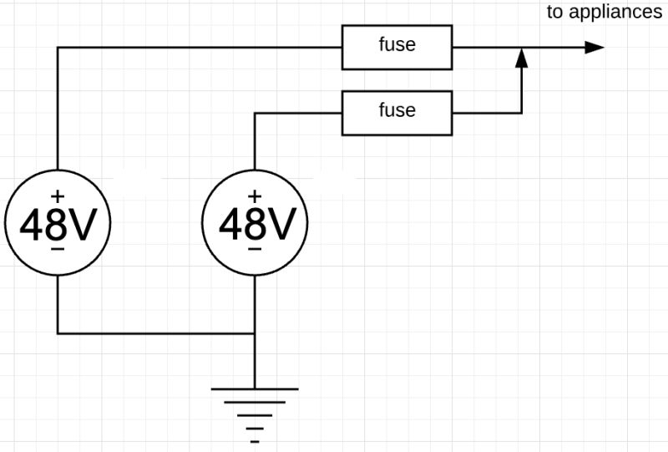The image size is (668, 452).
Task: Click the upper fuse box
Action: [397, 47]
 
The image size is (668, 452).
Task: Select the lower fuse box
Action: [397, 112]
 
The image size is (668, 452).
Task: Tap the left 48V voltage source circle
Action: [57, 223]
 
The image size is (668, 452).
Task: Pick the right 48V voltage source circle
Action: [255, 223]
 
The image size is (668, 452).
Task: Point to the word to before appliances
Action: [554, 12]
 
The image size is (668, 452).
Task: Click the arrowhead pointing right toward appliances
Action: [594, 47]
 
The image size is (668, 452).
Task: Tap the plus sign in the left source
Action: [57, 196]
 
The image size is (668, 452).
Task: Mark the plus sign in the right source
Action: [255, 196]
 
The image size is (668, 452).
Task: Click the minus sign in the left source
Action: [57, 250]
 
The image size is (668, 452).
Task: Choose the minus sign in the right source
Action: [255, 250]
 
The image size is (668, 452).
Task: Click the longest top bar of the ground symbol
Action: [255, 389]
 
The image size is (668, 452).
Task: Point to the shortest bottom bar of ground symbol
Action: [255, 439]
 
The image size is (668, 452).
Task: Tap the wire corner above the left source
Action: [57, 47]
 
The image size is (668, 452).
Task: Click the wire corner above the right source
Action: [255, 112]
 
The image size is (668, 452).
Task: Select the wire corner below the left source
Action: [57, 333]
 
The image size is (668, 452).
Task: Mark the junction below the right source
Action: [255, 333]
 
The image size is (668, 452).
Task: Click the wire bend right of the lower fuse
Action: [521, 112]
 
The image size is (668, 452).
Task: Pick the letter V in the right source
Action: [280, 224]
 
